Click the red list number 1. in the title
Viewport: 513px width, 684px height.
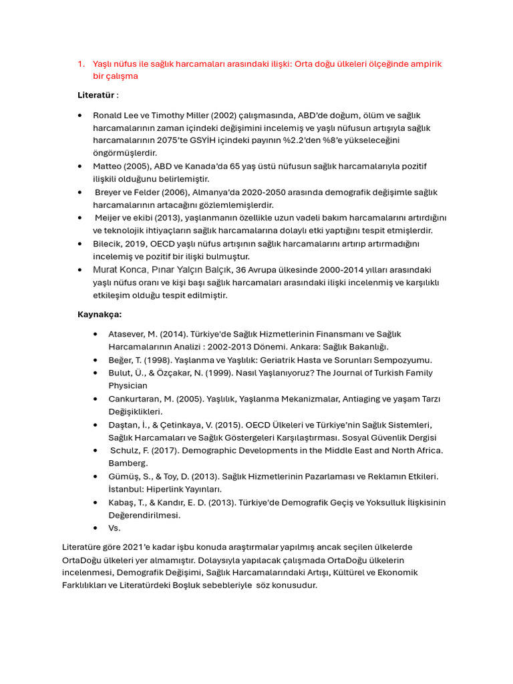coord(81,64)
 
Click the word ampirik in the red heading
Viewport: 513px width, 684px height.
coord(425,64)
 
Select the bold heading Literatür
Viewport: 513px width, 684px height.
coord(96,95)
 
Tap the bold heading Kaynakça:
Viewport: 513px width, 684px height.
coord(100,314)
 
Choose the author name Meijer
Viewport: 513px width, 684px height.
coord(108,218)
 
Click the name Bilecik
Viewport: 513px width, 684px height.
coord(108,244)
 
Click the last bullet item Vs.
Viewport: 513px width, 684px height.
coord(114,528)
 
